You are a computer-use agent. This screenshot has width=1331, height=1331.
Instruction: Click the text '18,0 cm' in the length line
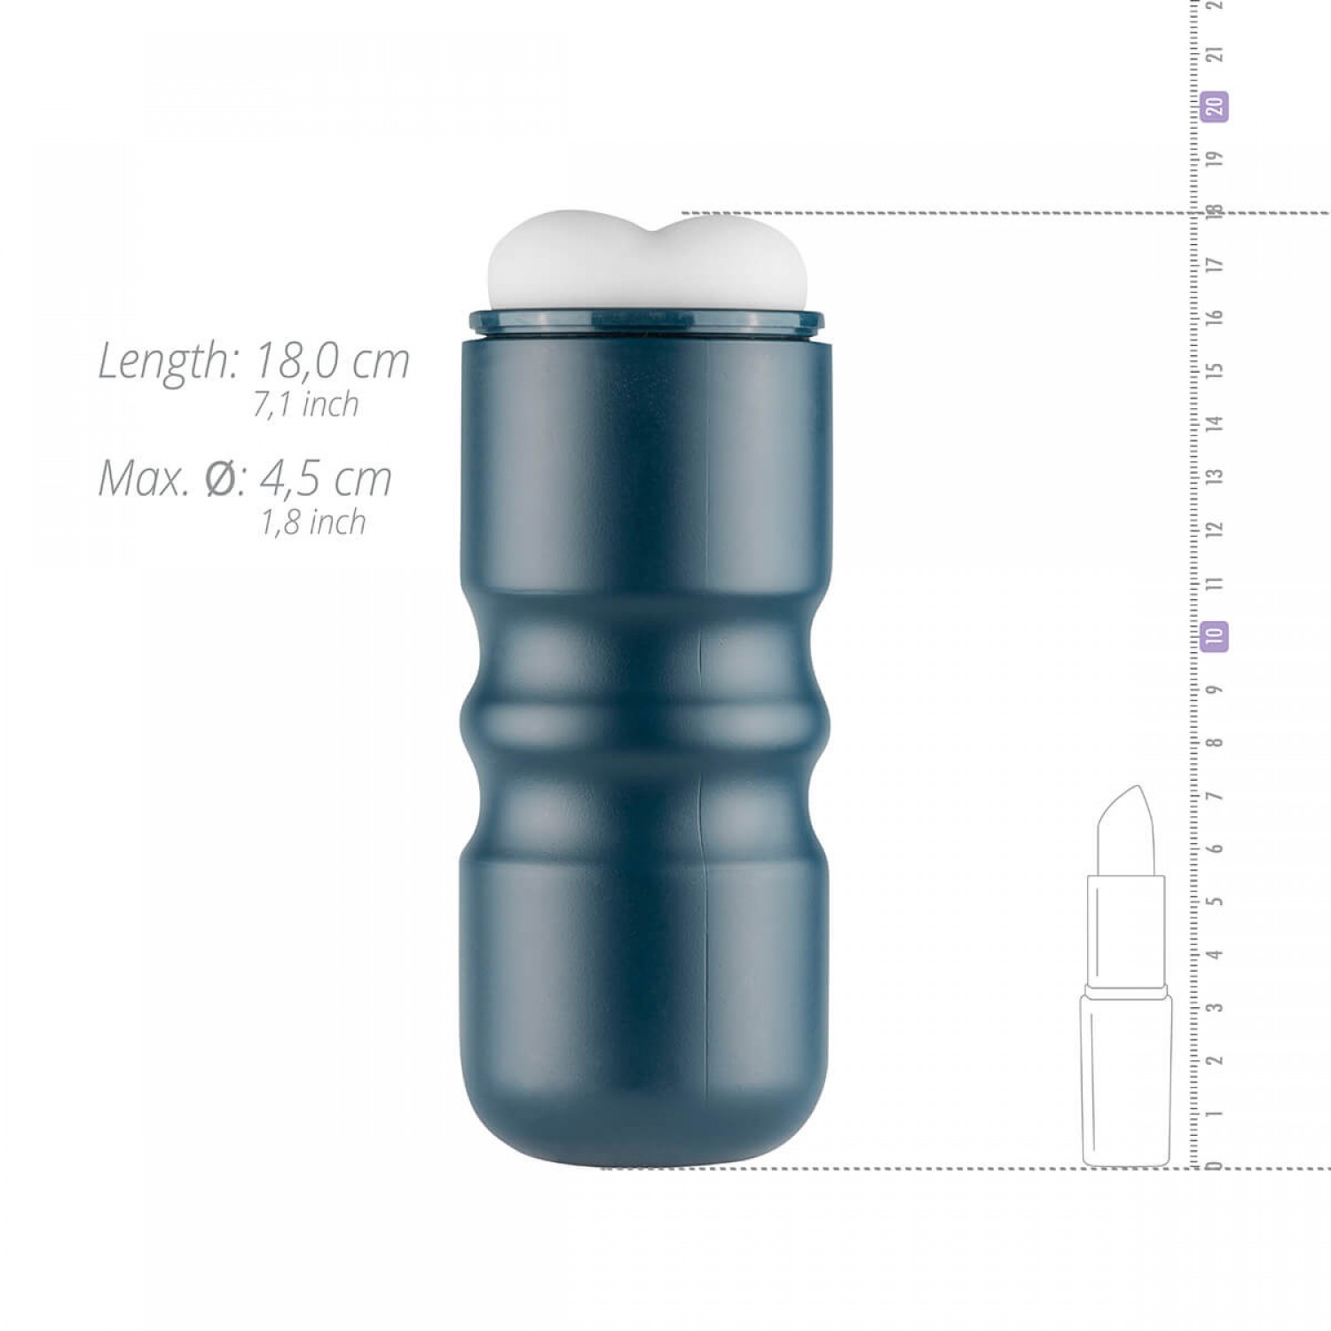click(x=332, y=361)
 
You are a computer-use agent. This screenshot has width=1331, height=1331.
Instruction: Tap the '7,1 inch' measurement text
click(x=306, y=405)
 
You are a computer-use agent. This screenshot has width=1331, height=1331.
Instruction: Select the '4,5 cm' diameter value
click(x=326, y=479)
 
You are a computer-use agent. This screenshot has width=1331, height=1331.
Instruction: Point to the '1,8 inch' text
click(x=312, y=523)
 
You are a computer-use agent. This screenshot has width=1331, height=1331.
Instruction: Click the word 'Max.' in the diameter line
click(x=143, y=479)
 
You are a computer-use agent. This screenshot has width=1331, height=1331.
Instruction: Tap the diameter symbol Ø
click(x=220, y=479)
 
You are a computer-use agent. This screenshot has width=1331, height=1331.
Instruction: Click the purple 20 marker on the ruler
click(x=1215, y=106)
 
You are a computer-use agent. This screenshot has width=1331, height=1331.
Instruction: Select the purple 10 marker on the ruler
click(x=1214, y=636)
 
